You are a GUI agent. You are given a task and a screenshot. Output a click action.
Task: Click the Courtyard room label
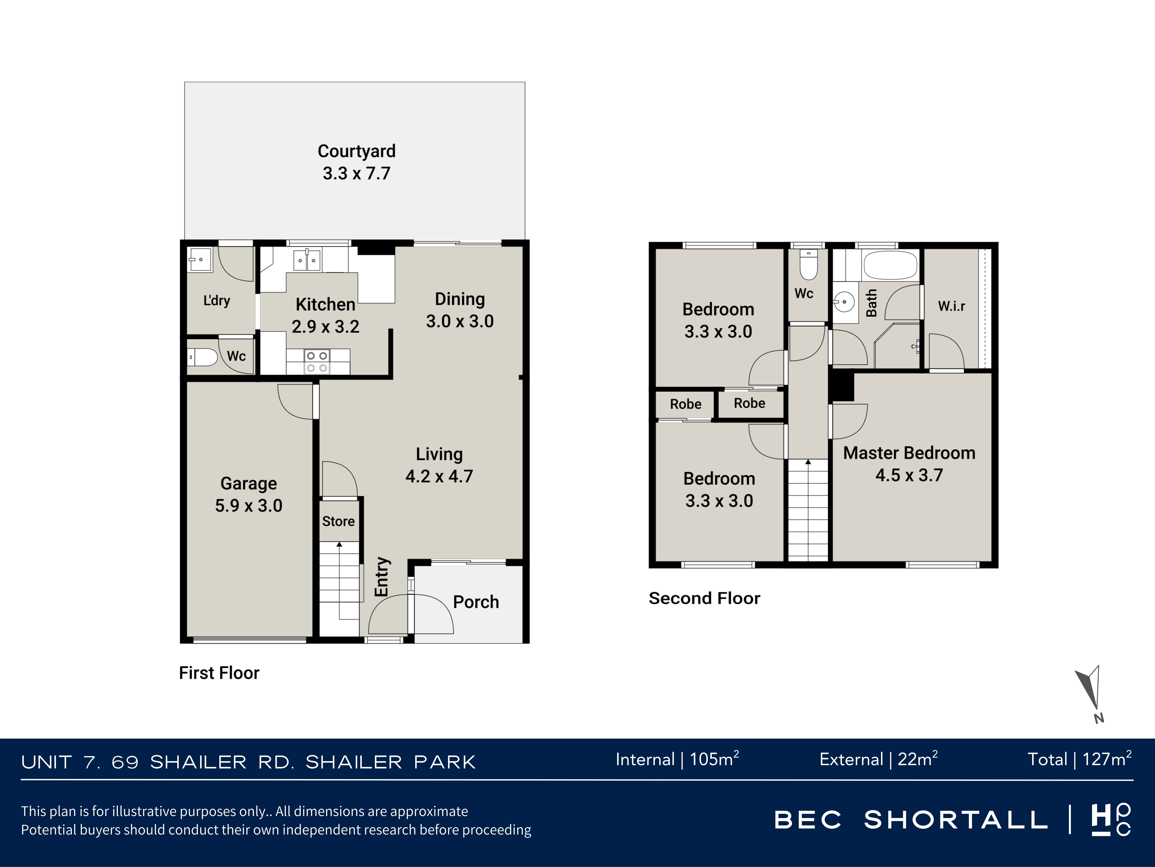(357, 151)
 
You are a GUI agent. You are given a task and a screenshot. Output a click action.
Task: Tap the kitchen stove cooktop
(317, 362)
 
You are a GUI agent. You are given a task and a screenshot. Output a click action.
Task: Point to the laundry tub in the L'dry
(200, 260)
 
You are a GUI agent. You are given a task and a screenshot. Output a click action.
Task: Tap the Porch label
(476, 602)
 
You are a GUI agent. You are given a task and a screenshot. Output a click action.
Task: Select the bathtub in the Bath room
(890, 265)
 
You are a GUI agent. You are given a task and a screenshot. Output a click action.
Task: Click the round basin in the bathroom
(844, 302)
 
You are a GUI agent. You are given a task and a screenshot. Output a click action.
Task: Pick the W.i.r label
(951, 306)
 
